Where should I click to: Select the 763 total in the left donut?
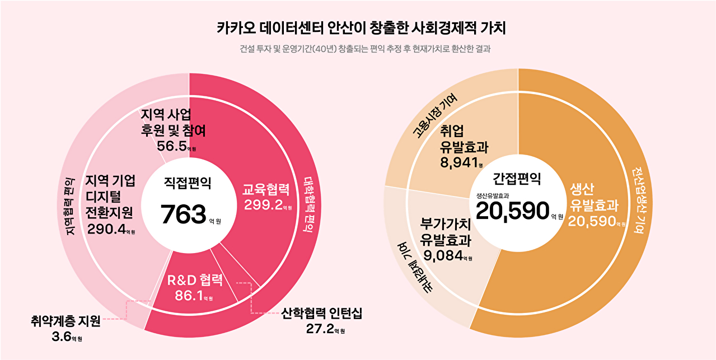184,214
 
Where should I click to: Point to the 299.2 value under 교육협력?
263,205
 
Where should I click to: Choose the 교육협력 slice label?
266,189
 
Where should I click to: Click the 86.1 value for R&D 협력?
189,295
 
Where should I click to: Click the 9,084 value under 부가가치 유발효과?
443,256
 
